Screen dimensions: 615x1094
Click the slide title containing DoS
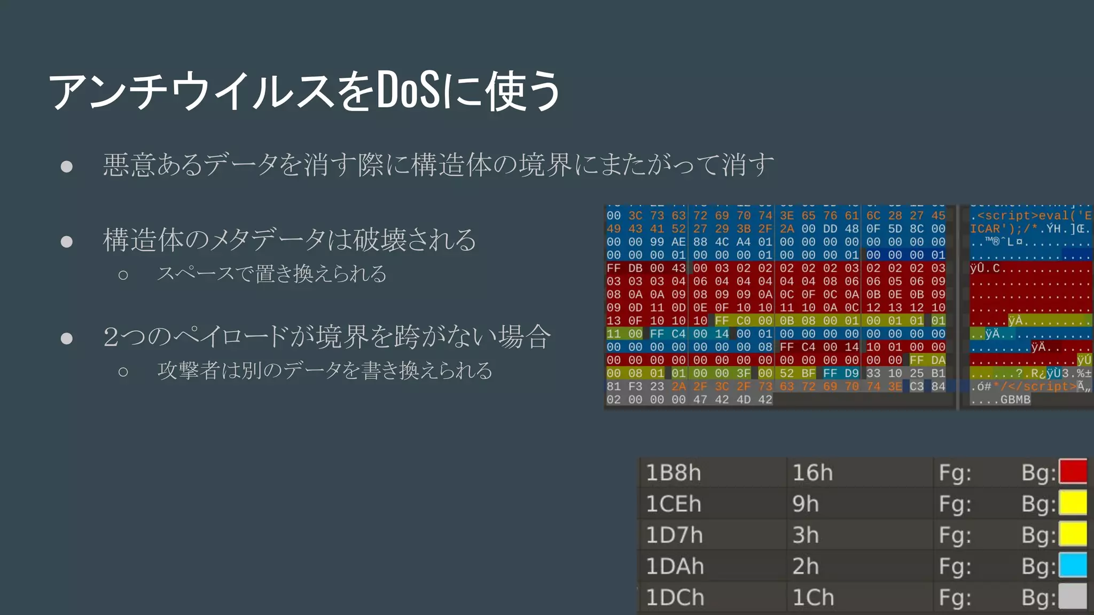[304, 91]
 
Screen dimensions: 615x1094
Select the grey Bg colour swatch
[1073, 597]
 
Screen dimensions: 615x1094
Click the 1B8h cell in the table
[673, 473]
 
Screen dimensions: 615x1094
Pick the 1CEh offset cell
[673, 504]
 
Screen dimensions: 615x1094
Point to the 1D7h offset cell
[674, 535]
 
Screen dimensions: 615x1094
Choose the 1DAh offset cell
[675, 566]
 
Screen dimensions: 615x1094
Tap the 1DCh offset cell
[675, 597]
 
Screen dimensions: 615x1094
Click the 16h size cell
[812, 473]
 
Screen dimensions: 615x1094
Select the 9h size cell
[806, 504]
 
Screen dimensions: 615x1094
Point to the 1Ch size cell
[813, 597]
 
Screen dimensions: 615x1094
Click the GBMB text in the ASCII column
[1015, 399]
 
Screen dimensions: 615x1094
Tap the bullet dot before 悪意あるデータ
[67, 167]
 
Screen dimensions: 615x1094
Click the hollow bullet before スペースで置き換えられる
[123, 275]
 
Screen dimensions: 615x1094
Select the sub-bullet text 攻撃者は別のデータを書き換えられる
[325, 370]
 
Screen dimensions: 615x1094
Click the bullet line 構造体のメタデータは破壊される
[289, 240]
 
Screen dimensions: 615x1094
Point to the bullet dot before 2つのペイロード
[67, 338]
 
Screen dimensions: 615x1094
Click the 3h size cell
[806, 535]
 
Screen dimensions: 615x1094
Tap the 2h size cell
[806, 566]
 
